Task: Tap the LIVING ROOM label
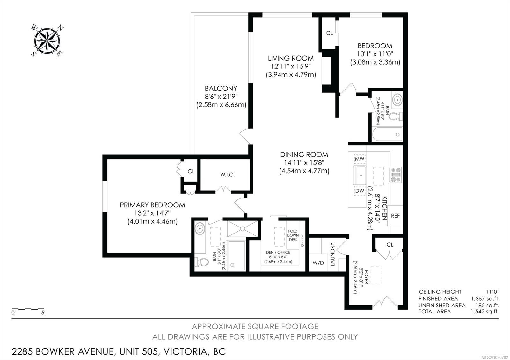click(290, 58)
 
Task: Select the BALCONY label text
click(221, 88)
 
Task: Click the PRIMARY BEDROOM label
click(152, 205)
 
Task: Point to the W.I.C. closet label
click(227, 175)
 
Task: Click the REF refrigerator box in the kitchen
click(395, 216)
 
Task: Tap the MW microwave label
click(360, 159)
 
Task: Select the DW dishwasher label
click(360, 191)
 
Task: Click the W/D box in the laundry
click(318, 263)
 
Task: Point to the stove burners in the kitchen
click(396, 175)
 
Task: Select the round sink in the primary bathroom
click(200, 228)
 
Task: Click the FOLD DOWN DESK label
click(293, 235)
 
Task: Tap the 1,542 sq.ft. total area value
click(485, 312)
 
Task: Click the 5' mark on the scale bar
click(43, 313)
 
